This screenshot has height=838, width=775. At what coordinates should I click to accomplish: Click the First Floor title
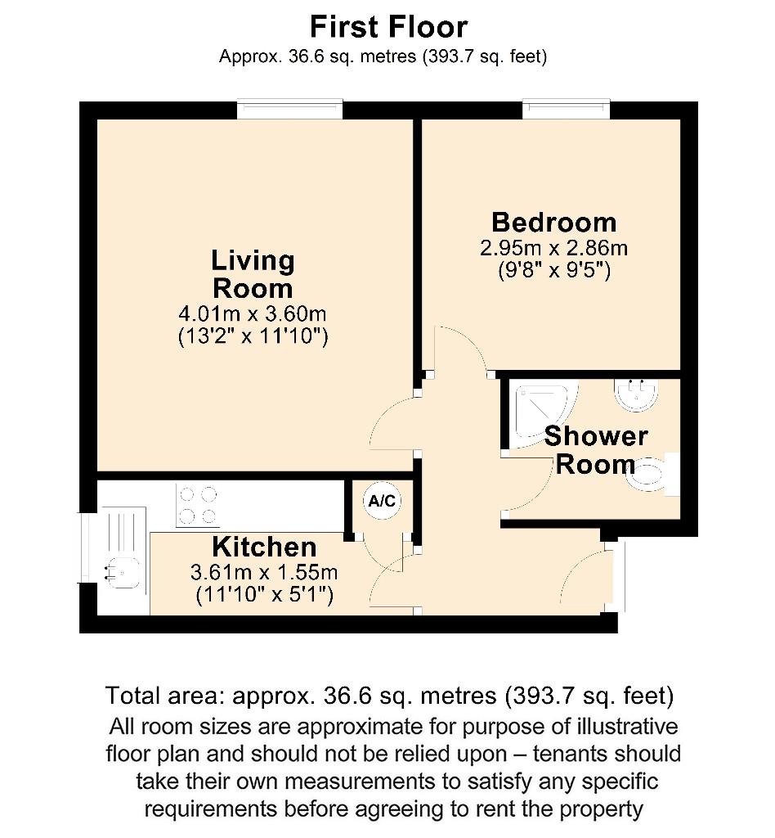pos(388,27)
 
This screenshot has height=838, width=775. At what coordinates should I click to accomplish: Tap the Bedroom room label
pos(553,222)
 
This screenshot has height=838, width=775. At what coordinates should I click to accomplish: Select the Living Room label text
pos(253,274)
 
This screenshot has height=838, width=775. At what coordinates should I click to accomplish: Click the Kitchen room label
pos(264,547)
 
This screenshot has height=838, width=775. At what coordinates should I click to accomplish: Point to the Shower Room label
pos(595,449)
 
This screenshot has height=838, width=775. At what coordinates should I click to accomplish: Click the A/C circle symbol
pos(382,502)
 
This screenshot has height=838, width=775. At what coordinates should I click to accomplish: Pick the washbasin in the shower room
pos(636,395)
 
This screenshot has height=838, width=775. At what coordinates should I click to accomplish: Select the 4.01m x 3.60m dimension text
pos(253,313)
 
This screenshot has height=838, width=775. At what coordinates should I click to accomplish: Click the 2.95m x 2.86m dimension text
pos(553,248)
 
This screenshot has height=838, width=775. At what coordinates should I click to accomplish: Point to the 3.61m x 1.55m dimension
pos(264,572)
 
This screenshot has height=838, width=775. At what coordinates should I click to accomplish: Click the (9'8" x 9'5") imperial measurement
pos(553,270)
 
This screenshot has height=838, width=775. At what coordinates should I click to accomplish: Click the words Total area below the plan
pos(166,696)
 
